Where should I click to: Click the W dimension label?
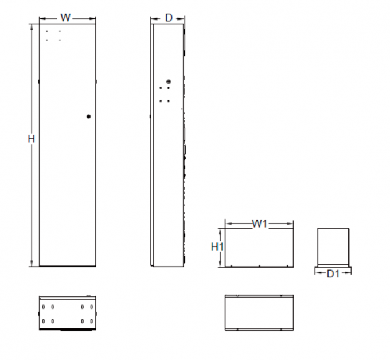(66, 18)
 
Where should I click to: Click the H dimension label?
(32, 139)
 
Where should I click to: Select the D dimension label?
(169, 18)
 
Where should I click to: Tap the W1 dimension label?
(260, 224)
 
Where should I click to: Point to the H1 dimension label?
(217, 247)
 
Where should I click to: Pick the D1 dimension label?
(333, 274)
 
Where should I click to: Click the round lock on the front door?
(88, 117)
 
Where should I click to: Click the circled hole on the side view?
(168, 82)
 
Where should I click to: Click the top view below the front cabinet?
(67, 313)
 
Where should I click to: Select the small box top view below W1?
(259, 313)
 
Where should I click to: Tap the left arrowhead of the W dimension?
(41, 18)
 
